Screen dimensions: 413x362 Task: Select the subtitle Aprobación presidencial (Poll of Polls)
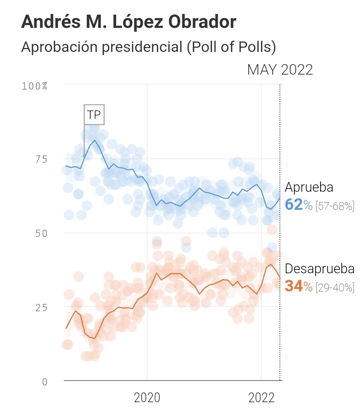pyautogui.click(x=149, y=47)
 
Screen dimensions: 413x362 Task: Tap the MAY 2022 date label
pyautogui.click(x=280, y=70)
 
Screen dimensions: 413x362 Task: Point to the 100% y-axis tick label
pyautogui.click(x=35, y=86)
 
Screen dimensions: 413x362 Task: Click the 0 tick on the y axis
pyautogui.click(x=44, y=382)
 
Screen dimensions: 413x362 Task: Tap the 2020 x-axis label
pyautogui.click(x=147, y=398)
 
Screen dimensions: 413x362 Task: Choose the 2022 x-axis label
pyautogui.click(x=262, y=398)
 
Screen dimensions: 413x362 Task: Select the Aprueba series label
pyautogui.click(x=309, y=188)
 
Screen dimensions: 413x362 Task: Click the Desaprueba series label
pyautogui.click(x=319, y=269)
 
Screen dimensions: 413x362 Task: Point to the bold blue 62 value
pyautogui.click(x=293, y=205)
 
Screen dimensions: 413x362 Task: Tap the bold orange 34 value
pyautogui.click(x=293, y=286)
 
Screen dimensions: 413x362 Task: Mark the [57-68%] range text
pyautogui.click(x=335, y=206)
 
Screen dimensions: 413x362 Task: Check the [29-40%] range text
pyautogui.click(x=335, y=288)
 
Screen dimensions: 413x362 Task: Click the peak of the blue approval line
pyautogui.click(x=95, y=140)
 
